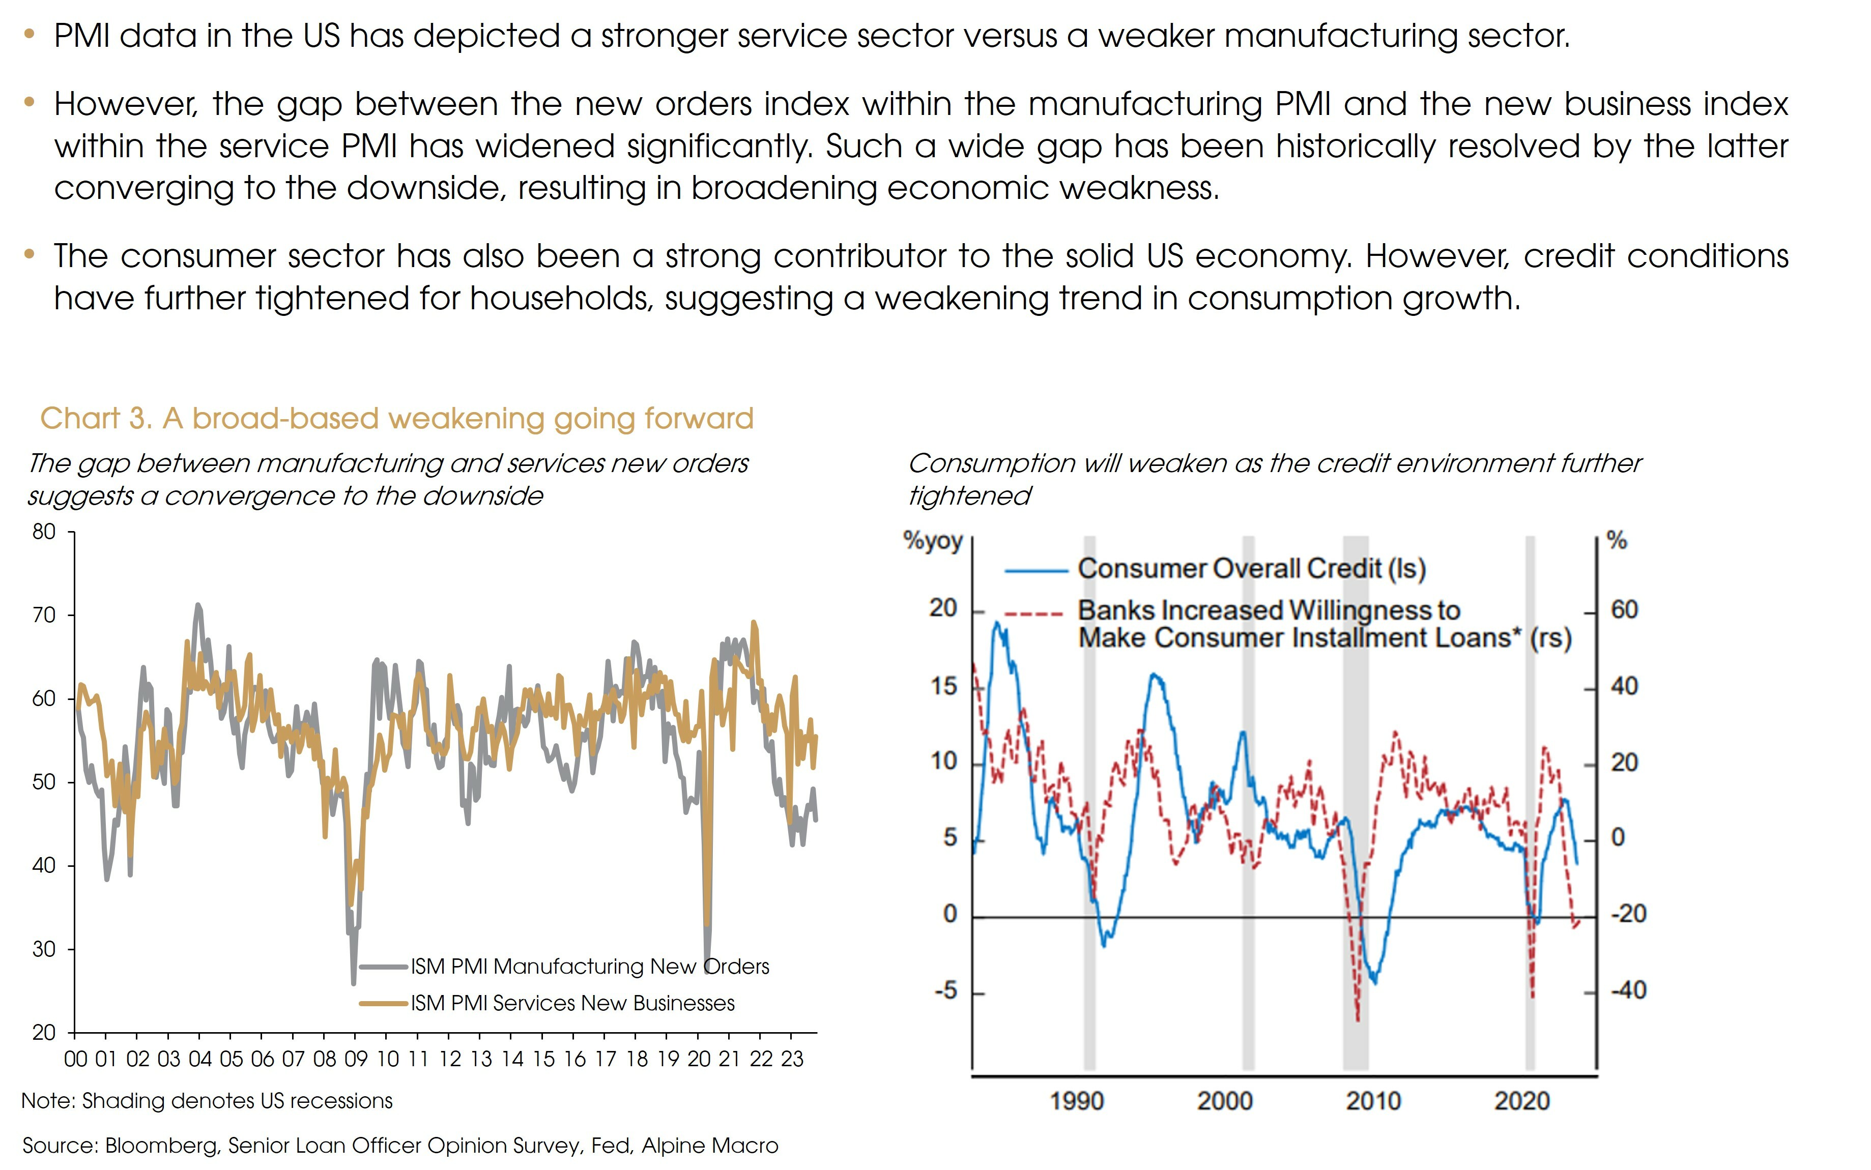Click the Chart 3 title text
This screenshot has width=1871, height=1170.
396,419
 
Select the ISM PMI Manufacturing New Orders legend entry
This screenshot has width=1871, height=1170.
589,967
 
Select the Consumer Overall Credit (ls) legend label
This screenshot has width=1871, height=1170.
1251,569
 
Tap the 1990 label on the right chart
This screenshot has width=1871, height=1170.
1076,1101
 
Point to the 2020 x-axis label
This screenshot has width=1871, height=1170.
1521,1101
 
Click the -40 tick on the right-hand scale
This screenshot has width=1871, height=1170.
1628,990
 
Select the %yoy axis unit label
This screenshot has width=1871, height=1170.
932,540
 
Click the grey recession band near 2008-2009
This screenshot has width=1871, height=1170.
1355,774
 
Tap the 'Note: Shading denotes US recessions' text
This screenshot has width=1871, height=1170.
207,1101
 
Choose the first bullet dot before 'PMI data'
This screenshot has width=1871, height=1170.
30,34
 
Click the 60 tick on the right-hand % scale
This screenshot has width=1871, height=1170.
1624,610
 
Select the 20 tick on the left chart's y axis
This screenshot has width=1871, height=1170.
44,1032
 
